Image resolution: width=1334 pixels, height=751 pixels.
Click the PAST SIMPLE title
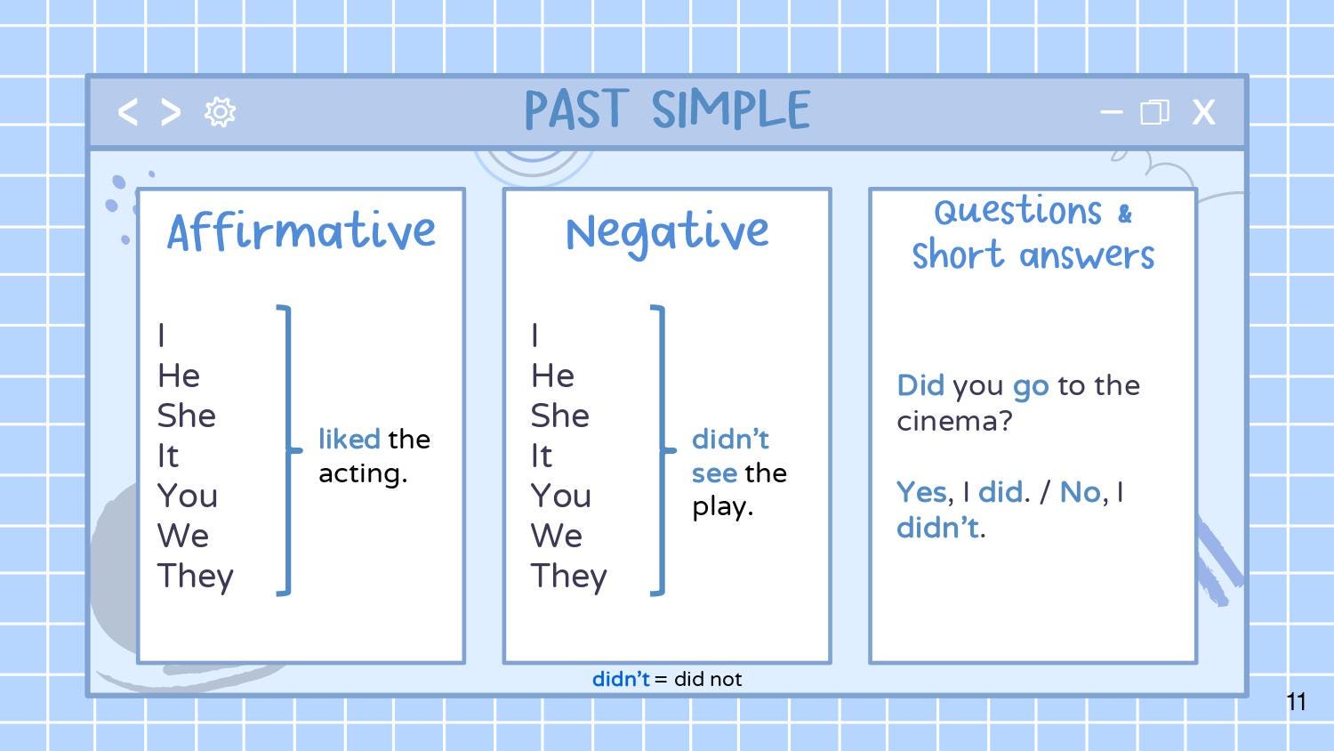(x=667, y=110)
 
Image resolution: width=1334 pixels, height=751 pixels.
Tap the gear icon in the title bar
(x=220, y=112)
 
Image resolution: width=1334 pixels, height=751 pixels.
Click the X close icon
(x=1203, y=112)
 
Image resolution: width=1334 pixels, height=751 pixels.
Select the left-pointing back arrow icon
(x=128, y=112)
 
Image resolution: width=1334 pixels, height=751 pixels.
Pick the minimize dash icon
(x=1111, y=112)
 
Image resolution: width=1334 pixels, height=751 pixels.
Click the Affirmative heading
(x=301, y=231)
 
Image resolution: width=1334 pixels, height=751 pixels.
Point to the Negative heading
(x=667, y=231)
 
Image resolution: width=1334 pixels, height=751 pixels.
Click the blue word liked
(x=349, y=439)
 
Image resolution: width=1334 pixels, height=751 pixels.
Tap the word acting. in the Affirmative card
(x=363, y=473)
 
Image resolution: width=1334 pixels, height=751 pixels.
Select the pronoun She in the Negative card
(x=560, y=416)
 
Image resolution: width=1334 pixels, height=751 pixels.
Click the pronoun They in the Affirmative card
(x=196, y=577)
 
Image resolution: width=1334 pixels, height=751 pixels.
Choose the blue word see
(x=714, y=473)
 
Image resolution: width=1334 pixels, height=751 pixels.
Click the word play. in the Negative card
(x=722, y=507)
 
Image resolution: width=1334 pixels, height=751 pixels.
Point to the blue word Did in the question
(x=920, y=385)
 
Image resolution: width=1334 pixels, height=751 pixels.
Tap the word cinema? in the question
(x=954, y=420)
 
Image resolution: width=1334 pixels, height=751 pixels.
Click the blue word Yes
(x=920, y=492)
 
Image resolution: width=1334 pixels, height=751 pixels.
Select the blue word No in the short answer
(x=1081, y=492)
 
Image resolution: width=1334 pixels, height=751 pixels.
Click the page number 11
(x=1296, y=702)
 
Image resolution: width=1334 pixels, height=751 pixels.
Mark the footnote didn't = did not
(x=667, y=679)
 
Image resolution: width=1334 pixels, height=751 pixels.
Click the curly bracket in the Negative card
(x=661, y=449)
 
